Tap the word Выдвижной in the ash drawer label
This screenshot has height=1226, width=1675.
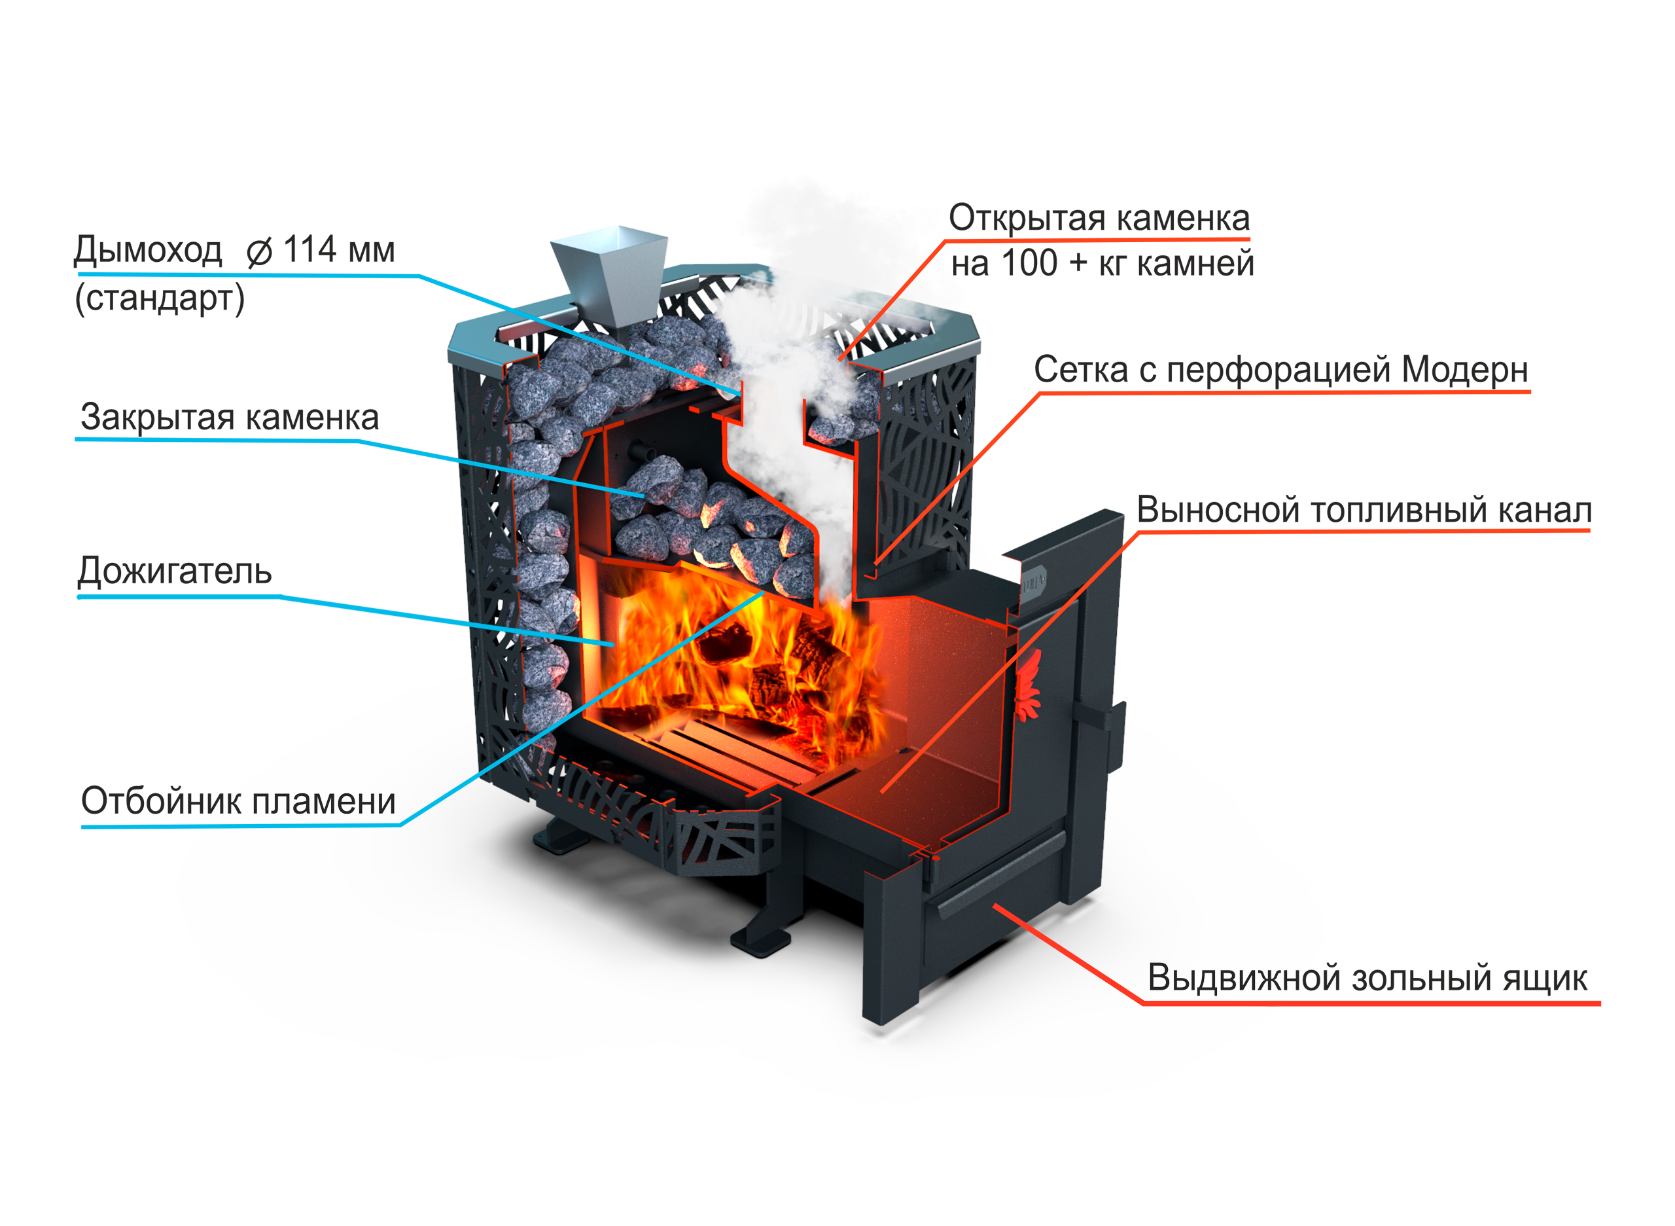point(1216,978)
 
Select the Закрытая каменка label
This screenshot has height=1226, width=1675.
point(226,420)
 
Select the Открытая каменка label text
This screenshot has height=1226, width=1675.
point(1098,219)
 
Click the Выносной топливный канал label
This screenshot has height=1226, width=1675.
point(1365,512)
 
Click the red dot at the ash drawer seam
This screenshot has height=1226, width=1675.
point(936,859)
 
